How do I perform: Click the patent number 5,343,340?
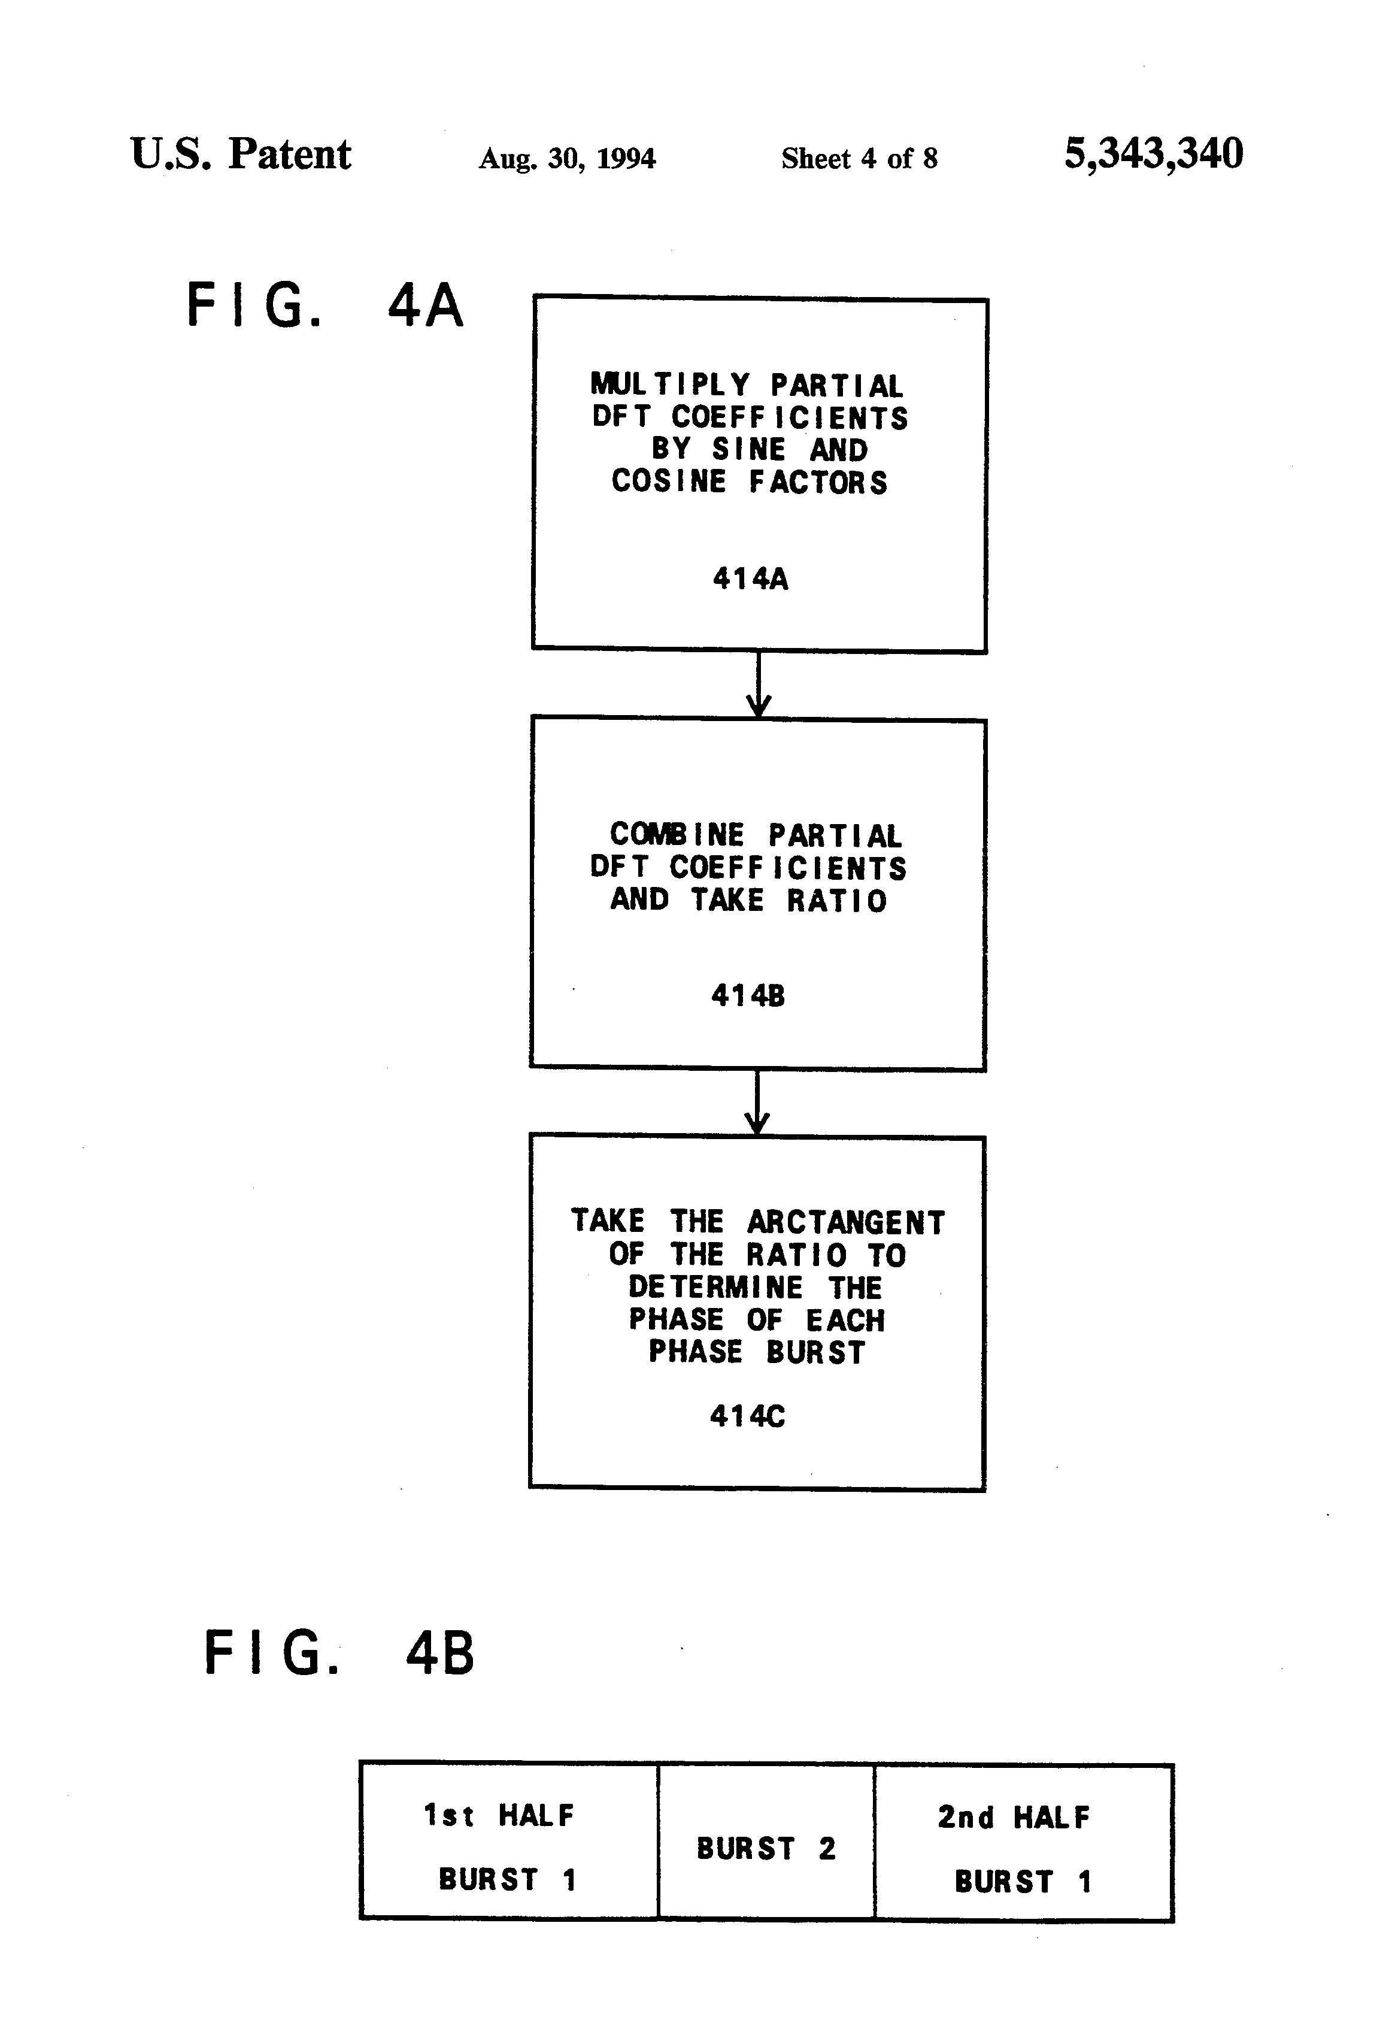tap(1153, 154)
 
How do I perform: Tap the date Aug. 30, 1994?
tap(566, 158)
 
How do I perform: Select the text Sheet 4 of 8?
tap(859, 158)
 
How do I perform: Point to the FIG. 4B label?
tap(338, 1653)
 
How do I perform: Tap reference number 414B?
tap(747, 995)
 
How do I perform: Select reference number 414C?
tap(747, 1416)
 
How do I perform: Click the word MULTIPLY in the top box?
tap(670, 384)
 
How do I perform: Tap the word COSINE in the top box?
tap(669, 482)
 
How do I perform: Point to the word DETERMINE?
tap(715, 1288)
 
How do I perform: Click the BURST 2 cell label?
tap(766, 1849)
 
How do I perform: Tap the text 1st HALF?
tap(498, 1815)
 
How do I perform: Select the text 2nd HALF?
tap(1013, 1817)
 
